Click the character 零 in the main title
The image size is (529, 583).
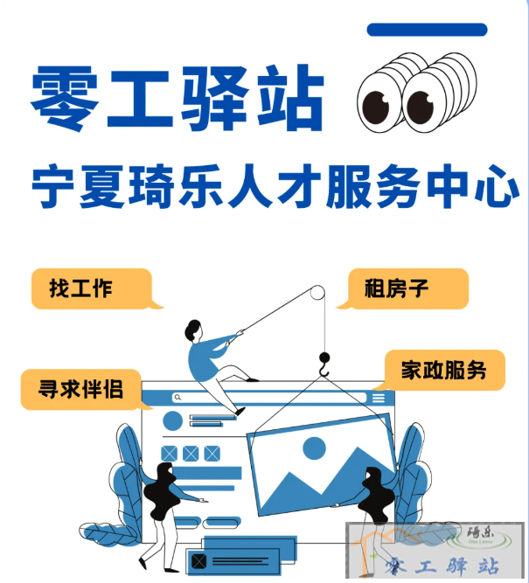[65, 98]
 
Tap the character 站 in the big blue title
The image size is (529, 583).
[291, 97]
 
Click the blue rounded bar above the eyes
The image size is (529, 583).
[427, 30]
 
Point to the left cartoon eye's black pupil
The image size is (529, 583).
[376, 108]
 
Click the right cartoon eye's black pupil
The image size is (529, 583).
[421, 108]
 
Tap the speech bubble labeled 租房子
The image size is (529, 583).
[404, 289]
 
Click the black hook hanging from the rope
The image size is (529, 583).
[324, 364]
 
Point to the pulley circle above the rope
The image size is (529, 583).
[317, 293]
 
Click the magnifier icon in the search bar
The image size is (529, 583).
[177, 398]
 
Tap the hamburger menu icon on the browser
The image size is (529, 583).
[379, 398]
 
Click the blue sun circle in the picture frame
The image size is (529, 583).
[315, 448]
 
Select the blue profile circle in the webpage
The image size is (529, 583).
[172, 420]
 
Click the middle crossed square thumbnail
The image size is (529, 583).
[191, 454]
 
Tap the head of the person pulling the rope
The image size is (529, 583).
[193, 330]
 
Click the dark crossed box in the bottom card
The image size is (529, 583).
[198, 561]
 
